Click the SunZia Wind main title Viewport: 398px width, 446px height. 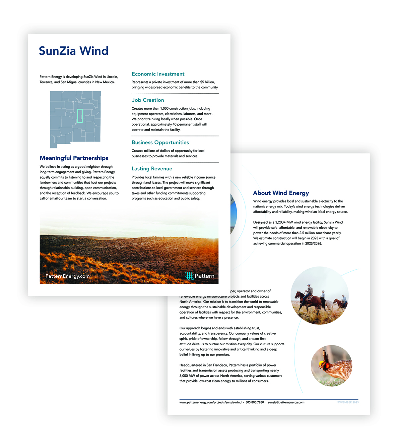click(x=74, y=51)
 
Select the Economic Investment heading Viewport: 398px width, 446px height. click(x=158, y=74)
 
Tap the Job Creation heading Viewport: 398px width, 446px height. click(x=148, y=100)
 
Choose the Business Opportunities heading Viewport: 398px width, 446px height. click(x=160, y=142)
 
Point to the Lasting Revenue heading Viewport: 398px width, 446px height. click(x=152, y=169)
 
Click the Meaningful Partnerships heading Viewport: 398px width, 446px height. click(x=74, y=158)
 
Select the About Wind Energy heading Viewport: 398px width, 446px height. click(x=281, y=193)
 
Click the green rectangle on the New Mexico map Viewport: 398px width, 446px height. click(x=80, y=116)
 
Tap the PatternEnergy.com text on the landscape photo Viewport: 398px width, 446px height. click(x=67, y=276)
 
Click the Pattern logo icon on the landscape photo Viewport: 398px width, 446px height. click(x=189, y=276)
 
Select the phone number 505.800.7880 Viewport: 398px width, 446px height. click(x=255, y=402)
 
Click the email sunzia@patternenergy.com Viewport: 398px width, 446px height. click(x=286, y=402)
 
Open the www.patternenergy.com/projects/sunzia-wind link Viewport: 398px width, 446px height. click(x=210, y=402)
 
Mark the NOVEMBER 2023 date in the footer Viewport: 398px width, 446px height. click(x=348, y=402)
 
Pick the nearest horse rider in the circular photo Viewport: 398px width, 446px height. click(x=308, y=292)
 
